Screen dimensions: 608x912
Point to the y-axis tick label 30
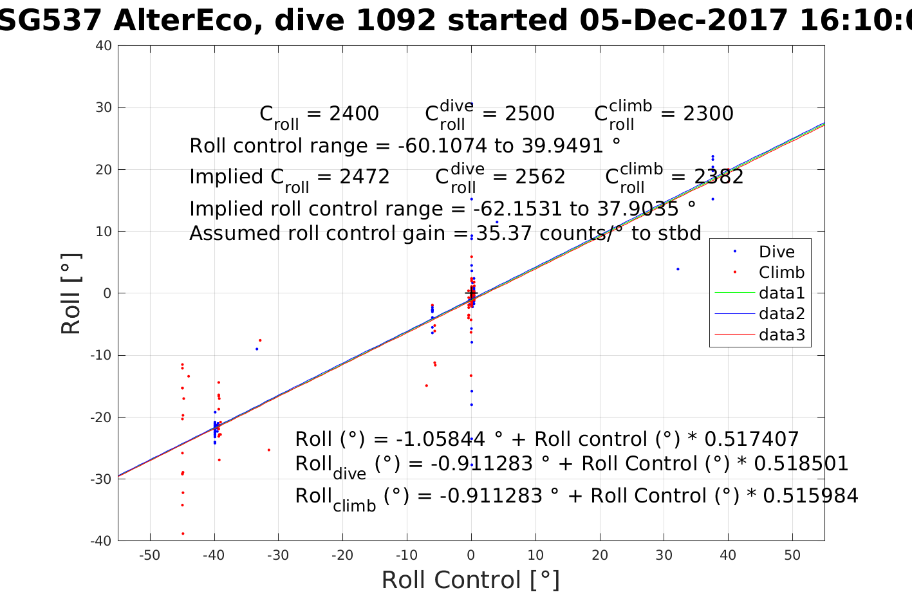point(104,107)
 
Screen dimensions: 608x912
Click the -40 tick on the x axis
point(214,555)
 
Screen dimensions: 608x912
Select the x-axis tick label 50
point(792,555)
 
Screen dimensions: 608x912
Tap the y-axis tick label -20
point(101,417)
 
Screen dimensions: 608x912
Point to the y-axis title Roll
point(71,293)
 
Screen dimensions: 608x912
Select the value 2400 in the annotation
point(354,114)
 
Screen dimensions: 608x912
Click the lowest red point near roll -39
point(183,533)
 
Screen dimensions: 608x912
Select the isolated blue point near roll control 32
point(678,269)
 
